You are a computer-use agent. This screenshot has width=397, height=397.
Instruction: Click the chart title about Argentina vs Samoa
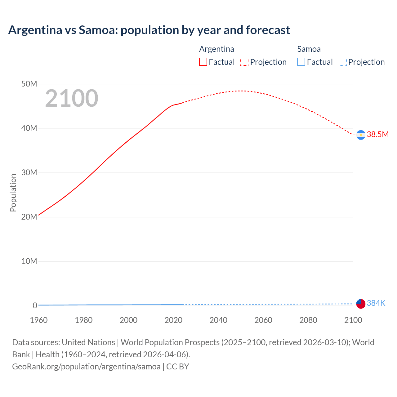(x=149, y=30)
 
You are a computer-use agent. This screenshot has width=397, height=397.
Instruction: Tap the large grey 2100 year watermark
(x=72, y=98)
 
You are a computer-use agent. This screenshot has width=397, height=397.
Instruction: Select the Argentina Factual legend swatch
(x=203, y=62)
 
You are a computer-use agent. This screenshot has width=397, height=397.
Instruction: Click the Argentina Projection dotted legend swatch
(x=244, y=62)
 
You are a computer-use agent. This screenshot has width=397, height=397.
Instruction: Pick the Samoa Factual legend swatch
(x=301, y=62)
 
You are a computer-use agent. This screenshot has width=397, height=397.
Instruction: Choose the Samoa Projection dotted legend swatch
(x=342, y=62)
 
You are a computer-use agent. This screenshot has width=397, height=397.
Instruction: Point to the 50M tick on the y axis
(x=29, y=84)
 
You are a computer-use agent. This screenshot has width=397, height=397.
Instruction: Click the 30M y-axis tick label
(x=29, y=172)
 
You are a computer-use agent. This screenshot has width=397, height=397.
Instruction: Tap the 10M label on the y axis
(x=29, y=261)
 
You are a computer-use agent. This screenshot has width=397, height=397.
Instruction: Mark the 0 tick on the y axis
(x=35, y=306)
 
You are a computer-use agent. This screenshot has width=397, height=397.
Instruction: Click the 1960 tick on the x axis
(x=39, y=320)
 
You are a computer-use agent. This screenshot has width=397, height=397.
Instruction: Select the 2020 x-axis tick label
(x=173, y=320)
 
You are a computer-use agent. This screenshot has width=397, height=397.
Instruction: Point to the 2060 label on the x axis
(x=263, y=320)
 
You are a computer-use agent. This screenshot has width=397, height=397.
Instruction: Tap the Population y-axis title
(x=13, y=193)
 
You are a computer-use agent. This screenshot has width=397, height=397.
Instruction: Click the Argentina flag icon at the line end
(x=361, y=135)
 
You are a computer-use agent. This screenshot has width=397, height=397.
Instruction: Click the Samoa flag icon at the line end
(x=361, y=304)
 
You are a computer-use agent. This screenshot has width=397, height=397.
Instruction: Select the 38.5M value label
(x=378, y=134)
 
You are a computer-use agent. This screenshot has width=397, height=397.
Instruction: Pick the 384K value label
(x=376, y=303)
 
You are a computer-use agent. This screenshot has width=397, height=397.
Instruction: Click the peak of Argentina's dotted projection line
(x=241, y=91)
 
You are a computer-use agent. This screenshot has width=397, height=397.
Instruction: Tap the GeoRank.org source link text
(x=86, y=367)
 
